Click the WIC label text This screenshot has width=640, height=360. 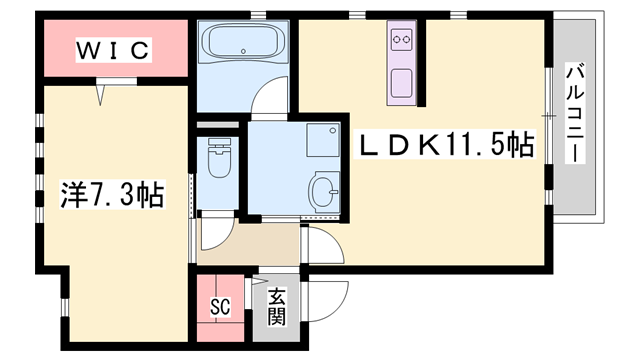(x=112, y=49)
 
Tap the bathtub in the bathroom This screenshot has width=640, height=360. (x=244, y=45)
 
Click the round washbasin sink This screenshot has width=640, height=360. (x=325, y=187)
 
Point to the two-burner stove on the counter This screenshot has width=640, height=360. (x=404, y=41)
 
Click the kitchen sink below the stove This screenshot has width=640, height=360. (x=404, y=81)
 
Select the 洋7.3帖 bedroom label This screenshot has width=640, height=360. (x=98, y=193)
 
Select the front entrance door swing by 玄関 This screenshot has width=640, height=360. (x=325, y=298)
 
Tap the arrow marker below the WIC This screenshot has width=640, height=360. (x=102, y=95)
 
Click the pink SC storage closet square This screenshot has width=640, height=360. (x=223, y=300)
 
